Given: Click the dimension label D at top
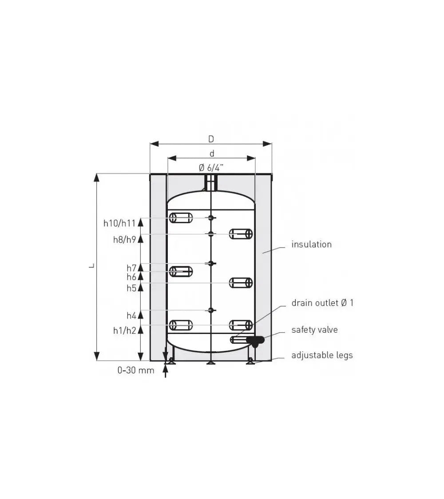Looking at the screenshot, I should click(x=211, y=139).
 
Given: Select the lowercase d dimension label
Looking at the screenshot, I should click(x=212, y=153).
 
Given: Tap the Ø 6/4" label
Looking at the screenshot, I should click(x=211, y=168).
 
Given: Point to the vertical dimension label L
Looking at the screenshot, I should click(x=91, y=266).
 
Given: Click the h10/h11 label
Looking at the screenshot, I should click(x=119, y=223).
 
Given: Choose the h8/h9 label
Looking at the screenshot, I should click(x=124, y=240).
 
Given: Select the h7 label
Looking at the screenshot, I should click(x=131, y=268).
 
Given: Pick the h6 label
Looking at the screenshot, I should click(x=131, y=277).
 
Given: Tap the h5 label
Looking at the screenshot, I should click(x=131, y=288).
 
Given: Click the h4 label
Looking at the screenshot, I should click(x=131, y=316).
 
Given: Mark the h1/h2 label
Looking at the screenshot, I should click(x=125, y=330).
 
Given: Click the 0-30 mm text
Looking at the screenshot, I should click(x=136, y=370).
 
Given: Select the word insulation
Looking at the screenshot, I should click(x=311, y=244).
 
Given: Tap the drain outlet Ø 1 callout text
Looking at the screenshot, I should click(x=322, y=303).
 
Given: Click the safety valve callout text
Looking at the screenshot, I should click(x=314, y=330).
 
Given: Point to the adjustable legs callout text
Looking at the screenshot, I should click(x=322, y=355).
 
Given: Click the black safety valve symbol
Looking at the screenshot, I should click(x=255, y=341).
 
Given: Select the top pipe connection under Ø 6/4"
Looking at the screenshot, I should click(x=211, y=183).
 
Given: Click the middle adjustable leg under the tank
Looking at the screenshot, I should click(x=211, y=362).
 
